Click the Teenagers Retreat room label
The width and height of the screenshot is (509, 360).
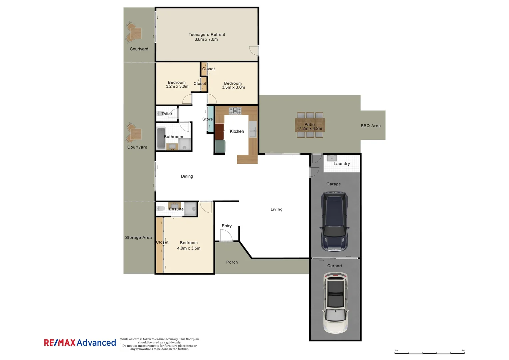(207, 35)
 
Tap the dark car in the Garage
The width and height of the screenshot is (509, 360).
(334, 222)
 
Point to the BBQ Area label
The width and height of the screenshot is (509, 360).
(370, 126)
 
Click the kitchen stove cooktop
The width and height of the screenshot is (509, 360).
(235, 111)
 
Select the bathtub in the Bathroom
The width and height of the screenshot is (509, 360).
(161, 138)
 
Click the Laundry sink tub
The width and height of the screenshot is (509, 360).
(331, 158)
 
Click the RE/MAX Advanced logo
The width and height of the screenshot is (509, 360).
(80, 343)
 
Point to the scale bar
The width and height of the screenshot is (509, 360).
(429, 353)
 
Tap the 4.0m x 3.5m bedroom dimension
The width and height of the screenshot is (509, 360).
(189, 248)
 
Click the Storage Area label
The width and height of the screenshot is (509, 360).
(138, 238)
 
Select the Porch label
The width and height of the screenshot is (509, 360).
(232, 262)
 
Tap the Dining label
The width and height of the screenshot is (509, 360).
(187, 176)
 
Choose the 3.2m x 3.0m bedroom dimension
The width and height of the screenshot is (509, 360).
(177, 87)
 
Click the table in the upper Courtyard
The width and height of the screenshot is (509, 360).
(136, 33)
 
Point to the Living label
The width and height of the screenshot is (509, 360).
(276, 209)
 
